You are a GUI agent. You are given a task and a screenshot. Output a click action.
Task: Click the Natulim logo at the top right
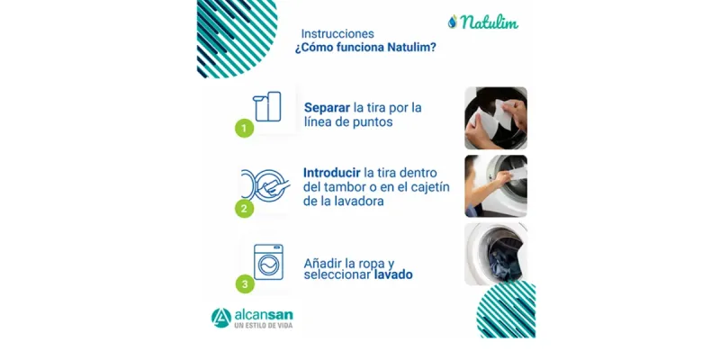pyautogui.click(x=482, y=22)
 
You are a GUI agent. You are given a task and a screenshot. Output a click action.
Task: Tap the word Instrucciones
pyautogui.click(x=337, y=33)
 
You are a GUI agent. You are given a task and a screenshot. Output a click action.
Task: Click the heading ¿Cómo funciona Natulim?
pyautogui.click(x=365, y=49)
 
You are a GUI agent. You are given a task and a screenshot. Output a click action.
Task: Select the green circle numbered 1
pyautogui.click(x=244, y=128)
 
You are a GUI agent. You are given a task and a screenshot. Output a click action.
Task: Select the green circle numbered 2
pyautogui.click(x=243, y=209)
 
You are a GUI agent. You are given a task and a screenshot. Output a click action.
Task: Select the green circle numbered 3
pyautogui.click(x=244, y=284)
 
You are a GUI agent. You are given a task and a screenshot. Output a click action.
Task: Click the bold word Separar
pyautogui.click(x=327, y=107)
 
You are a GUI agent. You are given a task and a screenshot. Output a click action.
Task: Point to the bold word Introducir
pyautogui.click(x=332, y=172)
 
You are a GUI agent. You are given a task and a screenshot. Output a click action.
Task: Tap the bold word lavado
pyautogui.click(x=393, y=274)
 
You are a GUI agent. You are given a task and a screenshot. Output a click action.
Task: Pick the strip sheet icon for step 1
pyautogui.click(x=267, y=106)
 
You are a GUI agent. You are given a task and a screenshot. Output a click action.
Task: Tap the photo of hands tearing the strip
pyautogui.click(x=495, y=118)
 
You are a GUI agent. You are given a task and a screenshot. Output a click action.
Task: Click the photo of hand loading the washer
pyautogui.click(x=495, y=186)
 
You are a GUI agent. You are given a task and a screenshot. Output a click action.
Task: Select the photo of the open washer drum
pyautogui.click(x=495, y=254)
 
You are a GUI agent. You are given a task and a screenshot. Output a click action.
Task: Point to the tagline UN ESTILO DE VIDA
pyautogui.click(x=263, y=326)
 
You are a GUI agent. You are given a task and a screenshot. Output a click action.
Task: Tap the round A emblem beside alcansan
pyautogui.click(x=221, y=318)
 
